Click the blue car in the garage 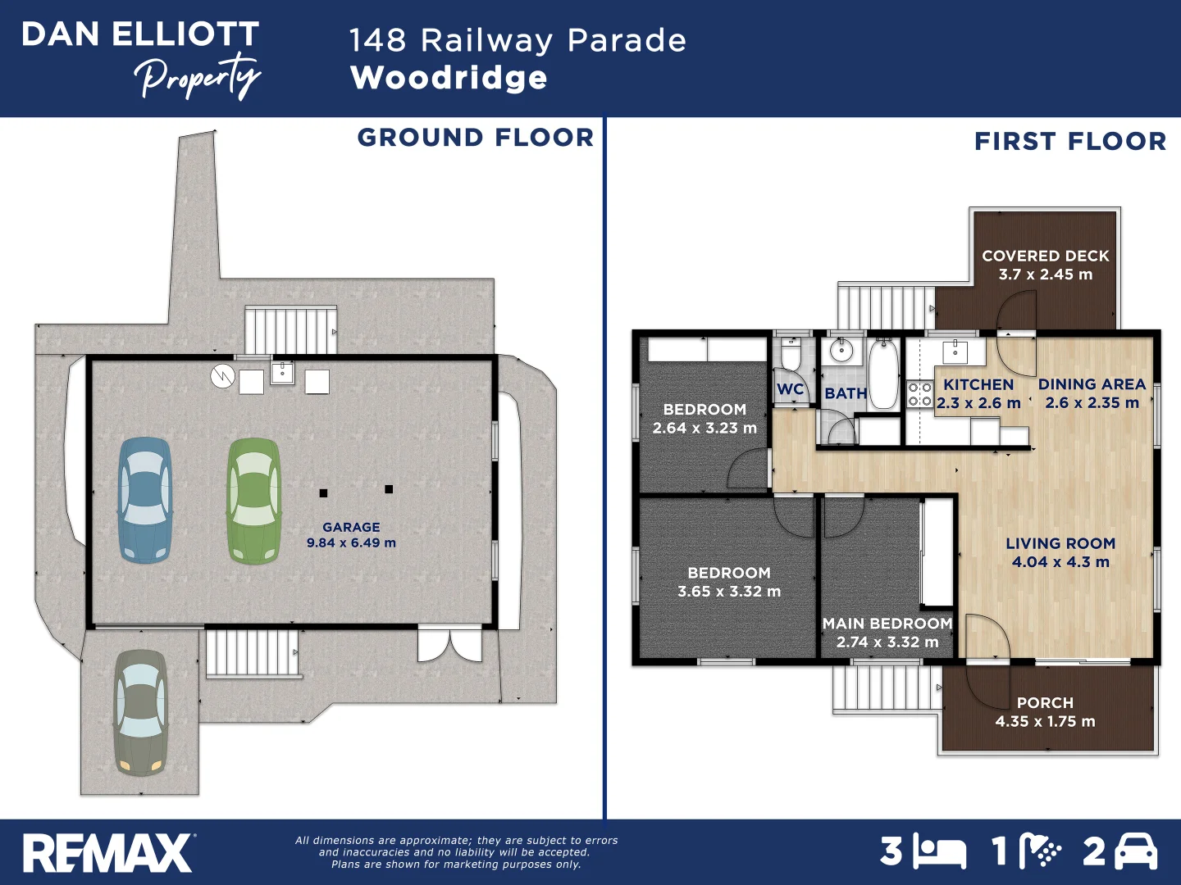coord(145,500)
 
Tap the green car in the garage coord(253,501)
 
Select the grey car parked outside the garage coord(140,713)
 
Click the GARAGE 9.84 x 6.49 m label coord(351,535)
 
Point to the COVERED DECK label coord(1045,256)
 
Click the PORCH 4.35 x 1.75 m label coord(1045,712)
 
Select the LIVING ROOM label coord(1060,543)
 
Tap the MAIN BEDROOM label coord(887,624)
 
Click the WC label coord(790,389)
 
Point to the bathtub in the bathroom coord(883,375)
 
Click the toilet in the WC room coord(791,356)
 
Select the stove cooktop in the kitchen coord(919,394)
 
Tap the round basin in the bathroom coord(841,352)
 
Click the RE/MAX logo coord(108,853)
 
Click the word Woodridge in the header coord(449,78)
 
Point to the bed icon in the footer coord(940,853)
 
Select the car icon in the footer coord(1136,852)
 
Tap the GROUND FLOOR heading coord(475,138)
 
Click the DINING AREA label coord(1092,384)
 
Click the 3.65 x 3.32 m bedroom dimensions coord(729,592)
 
